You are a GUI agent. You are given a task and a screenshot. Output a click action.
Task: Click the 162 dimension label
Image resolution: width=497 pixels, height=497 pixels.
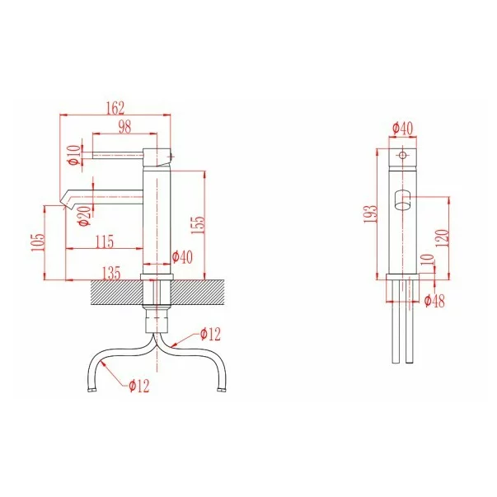click(115, 108)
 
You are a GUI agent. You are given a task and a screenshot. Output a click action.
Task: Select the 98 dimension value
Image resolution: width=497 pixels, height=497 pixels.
click(124, 127)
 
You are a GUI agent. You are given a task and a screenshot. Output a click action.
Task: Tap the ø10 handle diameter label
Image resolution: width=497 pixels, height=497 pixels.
click(73, 155)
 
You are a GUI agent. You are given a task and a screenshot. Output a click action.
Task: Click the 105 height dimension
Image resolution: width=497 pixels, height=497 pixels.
click(38, 243)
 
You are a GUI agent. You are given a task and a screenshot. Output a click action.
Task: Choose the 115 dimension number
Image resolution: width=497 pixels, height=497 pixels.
click(105, 241)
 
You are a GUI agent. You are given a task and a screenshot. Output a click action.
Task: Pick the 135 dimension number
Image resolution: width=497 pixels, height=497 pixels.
click(111, 273)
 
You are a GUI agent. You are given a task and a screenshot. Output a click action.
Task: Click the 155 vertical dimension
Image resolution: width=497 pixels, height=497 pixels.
click(199, 225)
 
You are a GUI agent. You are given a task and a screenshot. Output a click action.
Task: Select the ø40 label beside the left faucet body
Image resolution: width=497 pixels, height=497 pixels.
click(182, 256)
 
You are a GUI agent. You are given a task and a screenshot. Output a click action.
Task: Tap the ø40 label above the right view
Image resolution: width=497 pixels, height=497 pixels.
click(403, 129)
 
